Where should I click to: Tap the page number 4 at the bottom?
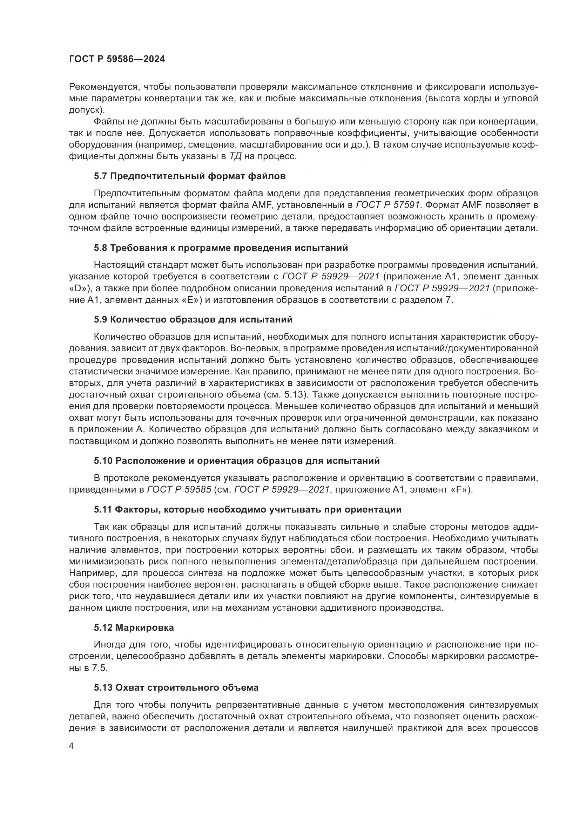[x=72, y=746]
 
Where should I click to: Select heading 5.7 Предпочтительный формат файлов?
[x=190, y=176]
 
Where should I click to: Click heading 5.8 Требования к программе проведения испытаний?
[x=221, y=248]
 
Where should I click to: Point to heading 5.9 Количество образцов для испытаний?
[x=193, y=319]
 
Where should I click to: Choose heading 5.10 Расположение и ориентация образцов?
[x=237, y=461]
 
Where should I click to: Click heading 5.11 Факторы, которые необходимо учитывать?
[x=248, y=509]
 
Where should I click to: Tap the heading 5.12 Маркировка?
[x=134, y=628]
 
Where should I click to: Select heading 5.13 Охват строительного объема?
[x=176, y=687]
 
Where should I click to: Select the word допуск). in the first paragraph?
[x=87, y=110]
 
